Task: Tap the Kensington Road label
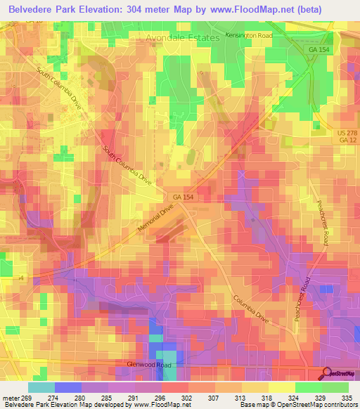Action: pos(248,34)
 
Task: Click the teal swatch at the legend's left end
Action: pos(41,387)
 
